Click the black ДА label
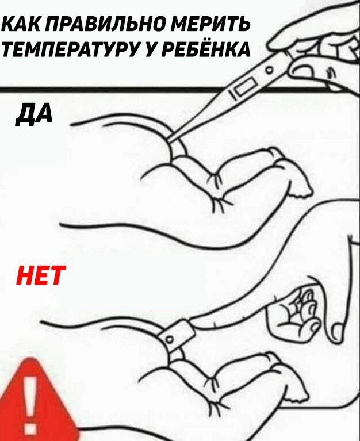click(x=35, y=114)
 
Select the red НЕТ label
click(x=41, y=275)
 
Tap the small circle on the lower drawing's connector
click(x=170, y=339)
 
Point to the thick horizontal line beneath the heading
click(x=113, y=90)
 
